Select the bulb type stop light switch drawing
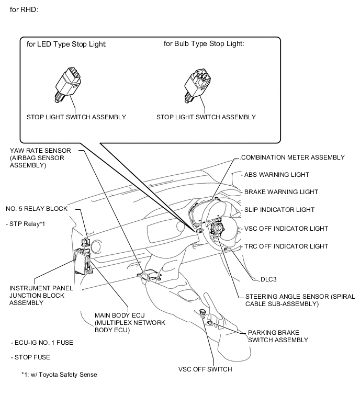197,82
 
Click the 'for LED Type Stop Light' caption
66,44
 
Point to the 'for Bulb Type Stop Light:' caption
204,44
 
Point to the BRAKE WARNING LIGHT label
281,192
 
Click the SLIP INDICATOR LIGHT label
279,210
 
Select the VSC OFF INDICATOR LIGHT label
286,229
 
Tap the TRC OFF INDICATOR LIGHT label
286,246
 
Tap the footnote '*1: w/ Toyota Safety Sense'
59,374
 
